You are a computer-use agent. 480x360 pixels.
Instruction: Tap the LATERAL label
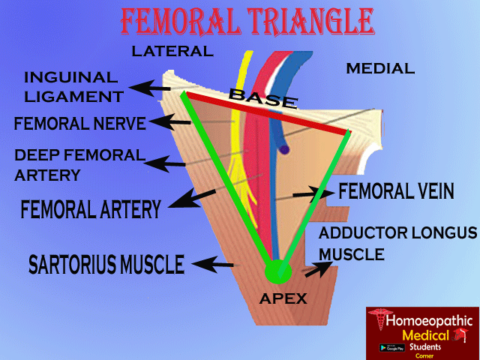[172, 52]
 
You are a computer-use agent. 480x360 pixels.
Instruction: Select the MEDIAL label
[379, 69]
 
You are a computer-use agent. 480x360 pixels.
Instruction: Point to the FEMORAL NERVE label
[79, 123]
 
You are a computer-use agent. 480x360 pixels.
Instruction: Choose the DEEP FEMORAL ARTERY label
[79, 165]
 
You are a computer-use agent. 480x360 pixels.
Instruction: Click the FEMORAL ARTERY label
[91, 208]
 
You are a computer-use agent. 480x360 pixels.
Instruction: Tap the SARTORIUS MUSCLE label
[106, 264]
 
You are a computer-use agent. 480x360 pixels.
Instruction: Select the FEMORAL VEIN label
[396, 191]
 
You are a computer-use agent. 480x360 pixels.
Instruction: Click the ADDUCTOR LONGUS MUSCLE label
[397, 243]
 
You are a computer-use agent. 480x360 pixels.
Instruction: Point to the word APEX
[283, 298]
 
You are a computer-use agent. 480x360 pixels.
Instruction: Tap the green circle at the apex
[277, 270]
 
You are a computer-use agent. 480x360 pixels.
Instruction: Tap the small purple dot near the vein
[284, 150]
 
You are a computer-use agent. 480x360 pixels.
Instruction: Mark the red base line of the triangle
[267, 114]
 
